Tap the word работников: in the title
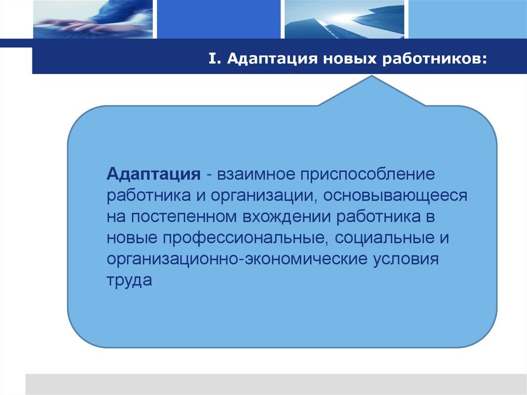tap(434, 60)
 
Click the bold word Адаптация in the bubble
tap(153, 174)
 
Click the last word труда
tap(130, 281)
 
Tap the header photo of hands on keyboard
tap(93, 20)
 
